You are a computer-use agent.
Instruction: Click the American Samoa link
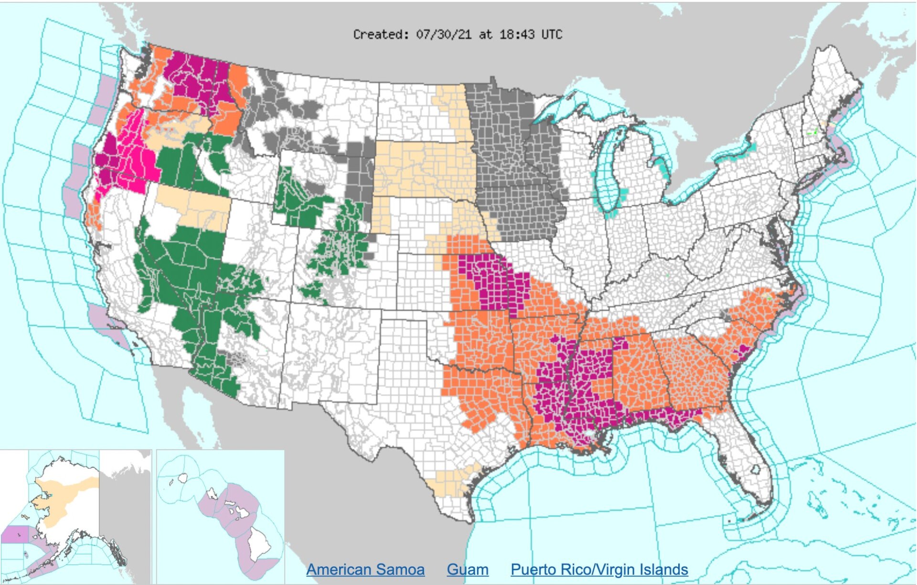click(365, 569)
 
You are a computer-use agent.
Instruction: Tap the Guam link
click(468, 569)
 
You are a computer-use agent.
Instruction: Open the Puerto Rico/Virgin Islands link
click(599, 569)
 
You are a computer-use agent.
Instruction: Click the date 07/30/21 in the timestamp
click(444, 34)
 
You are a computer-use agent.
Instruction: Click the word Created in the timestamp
click(380, 34)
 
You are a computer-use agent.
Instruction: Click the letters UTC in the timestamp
click(552, 34)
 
